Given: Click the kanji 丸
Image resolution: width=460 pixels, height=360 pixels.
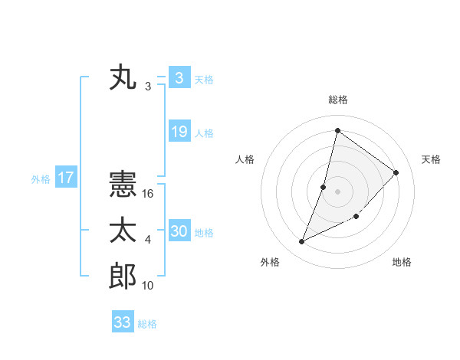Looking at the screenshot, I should (x=123, y=79).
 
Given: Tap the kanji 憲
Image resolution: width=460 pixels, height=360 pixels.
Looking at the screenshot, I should (x=123, y=186).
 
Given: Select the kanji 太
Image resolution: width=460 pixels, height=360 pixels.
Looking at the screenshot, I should (x=123, y=231).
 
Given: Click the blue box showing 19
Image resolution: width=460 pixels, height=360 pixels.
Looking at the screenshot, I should (x=179, y=132).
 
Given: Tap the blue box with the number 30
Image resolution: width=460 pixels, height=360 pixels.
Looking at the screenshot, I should (x=179, y=231).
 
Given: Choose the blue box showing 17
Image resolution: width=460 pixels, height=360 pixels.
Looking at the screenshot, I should (x=66, y=178).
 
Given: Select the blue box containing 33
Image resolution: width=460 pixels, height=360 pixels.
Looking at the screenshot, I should (x=123, y=322).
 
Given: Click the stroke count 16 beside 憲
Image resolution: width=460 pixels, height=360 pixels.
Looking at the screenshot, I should (x=148, y=195).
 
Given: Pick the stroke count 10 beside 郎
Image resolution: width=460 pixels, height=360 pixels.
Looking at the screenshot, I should (x=148, y=286).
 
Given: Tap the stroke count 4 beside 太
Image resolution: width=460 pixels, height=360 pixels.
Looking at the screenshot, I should (x=148, y=241).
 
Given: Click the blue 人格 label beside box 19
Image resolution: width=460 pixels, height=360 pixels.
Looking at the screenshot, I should (x=204, y=133).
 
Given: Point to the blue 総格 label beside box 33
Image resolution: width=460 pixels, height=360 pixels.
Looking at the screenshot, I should (x=147, y=324).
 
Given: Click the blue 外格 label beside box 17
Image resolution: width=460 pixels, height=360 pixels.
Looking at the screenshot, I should (x=41, y=180).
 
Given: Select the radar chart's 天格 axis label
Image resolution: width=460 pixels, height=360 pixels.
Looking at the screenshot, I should (x=431, y=159).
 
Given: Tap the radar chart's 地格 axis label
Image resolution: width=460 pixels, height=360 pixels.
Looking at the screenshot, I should (x=402, y=262).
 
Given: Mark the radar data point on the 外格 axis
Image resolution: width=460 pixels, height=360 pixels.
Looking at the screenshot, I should (x=302, y=242).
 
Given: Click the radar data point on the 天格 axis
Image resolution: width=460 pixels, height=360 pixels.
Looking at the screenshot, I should (x=396, y=172).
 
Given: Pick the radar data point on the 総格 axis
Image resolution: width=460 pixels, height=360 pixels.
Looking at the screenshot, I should (x=337, y=130).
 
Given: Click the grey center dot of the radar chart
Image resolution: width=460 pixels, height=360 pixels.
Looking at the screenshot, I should (x=337, y=191).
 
